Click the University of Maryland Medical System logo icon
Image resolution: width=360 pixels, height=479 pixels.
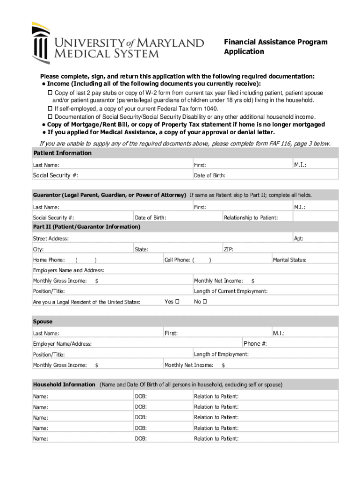coord(41,43)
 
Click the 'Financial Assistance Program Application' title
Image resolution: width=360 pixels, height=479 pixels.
coord(275,47)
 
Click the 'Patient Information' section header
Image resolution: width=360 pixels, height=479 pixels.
coord(62,153)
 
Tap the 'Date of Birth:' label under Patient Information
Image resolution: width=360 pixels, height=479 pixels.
coord(209,175)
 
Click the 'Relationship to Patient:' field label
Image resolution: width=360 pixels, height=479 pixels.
coord(251,218)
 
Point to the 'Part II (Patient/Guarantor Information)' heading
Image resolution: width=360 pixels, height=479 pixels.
coord(86,227)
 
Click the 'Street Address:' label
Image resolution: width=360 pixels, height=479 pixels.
coord(50,239)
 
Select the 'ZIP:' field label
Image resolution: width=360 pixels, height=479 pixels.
coord(229,249)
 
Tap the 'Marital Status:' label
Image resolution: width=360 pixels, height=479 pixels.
coord(289,260)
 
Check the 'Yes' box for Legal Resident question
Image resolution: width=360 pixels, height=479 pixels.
coord(177,302)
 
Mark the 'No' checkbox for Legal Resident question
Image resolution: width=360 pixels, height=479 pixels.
coord(205,302)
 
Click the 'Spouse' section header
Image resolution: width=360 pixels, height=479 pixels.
coord(43,322)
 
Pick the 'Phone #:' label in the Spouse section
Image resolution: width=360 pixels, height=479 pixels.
coord(255,344)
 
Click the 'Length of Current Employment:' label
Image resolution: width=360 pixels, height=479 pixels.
coord(230,291)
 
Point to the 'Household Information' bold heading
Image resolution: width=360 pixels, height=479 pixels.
coord(64,385)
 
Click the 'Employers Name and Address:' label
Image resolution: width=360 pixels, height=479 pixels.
coord(68,270)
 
